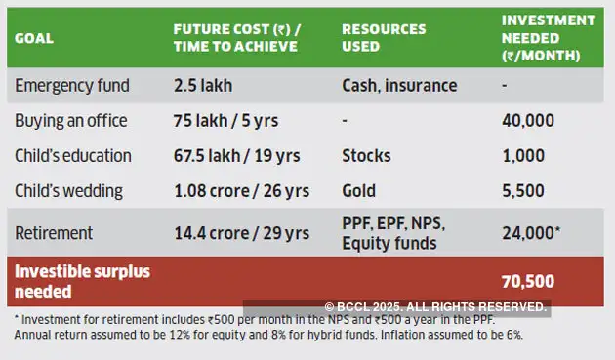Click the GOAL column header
coord(34,39)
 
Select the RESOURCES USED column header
coord(385,38)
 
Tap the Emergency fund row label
coord(72,85)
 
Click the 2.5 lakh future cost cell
coord(204,85)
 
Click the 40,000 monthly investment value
coord(528,121)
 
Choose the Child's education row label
coord(73,156)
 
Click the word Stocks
coord(366,156)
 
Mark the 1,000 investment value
coord(523,156)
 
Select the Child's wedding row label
coord(70,191)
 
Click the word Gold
coord(359,191)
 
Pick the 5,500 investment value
coord(523,191)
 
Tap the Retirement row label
coord(54,233)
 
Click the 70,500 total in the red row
coord(528,281)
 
